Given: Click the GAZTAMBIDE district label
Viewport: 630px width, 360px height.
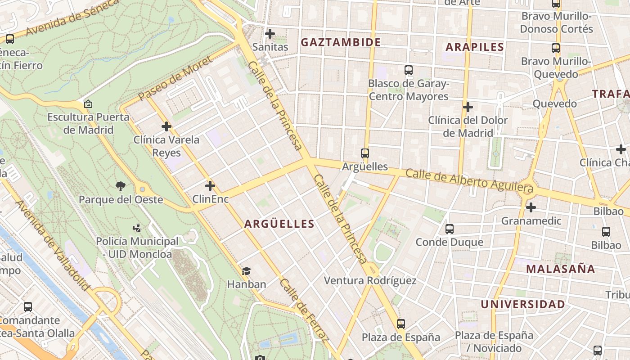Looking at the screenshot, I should [x=341, y=42].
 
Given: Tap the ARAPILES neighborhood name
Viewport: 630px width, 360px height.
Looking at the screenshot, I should [x=475, y=47].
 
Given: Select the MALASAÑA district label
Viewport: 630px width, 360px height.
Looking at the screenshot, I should [x=560, y=269].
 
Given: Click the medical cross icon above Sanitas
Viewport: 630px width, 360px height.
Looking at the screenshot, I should [x=270, y=34].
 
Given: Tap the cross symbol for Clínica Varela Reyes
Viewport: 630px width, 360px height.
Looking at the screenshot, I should [x=166, y=126].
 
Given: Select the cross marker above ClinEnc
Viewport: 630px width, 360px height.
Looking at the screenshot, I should [x=210, y=185].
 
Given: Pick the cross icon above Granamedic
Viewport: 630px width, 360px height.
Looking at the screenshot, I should [x=531, y=207].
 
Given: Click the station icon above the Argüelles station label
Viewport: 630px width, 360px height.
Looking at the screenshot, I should [x=365, y=153].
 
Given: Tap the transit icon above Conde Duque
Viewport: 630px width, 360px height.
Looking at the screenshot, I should [x=449, y=229].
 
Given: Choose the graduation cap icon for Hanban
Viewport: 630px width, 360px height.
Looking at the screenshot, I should [x=246, y=271].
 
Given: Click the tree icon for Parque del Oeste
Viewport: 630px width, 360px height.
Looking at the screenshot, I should [x=120, y=186].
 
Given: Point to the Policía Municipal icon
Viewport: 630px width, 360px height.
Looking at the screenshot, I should [x=137, y=228].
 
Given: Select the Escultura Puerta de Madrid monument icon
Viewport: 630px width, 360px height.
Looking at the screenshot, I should [x=88, y=104].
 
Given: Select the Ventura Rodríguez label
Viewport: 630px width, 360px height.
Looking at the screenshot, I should [x=370, y=281].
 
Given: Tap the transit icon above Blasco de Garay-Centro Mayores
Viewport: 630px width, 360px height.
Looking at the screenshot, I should [x=409, y=70].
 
